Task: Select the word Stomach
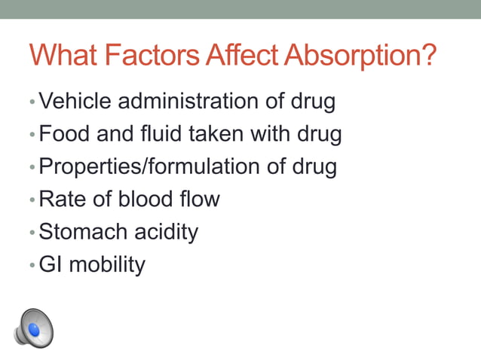point(81,232)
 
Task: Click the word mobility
point(108,264)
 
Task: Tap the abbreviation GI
point(51,264)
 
